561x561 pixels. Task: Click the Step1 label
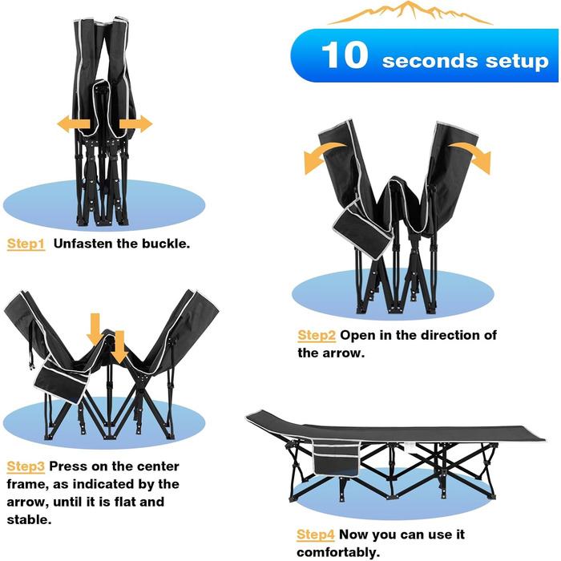pos(26,244)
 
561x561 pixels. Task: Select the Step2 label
pos(317,335)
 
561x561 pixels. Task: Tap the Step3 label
pos(26,466)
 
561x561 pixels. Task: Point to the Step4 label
pos(316,535)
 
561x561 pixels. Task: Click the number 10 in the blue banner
pos(345,54)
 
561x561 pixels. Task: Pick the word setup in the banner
pos(517,61)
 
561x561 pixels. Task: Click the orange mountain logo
pos(410,13)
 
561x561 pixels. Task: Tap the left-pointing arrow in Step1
pos(74,123)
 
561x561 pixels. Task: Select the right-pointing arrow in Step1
pos(136,123)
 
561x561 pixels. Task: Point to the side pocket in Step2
pos(362,229)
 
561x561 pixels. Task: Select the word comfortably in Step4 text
pos(338,553)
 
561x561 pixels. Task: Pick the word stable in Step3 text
pos(29,520)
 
